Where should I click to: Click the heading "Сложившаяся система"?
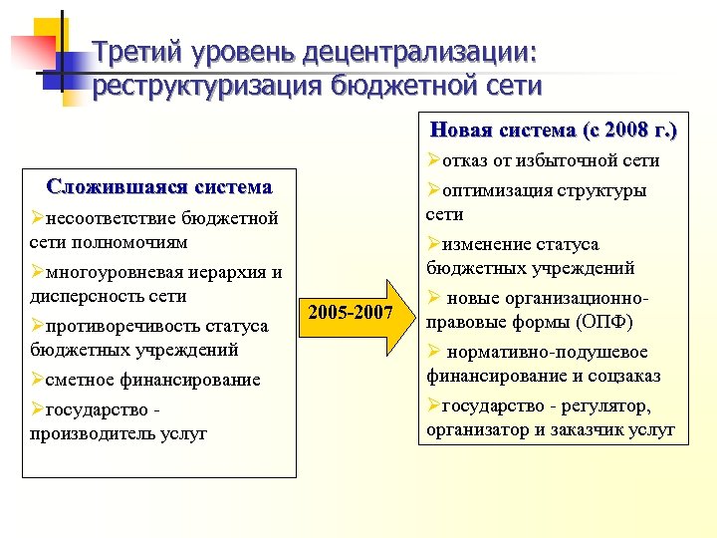(159, 186)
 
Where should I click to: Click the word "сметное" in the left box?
(79, 380)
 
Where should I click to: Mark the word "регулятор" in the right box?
(609, 405)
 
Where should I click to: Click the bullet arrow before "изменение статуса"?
(433, 244)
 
